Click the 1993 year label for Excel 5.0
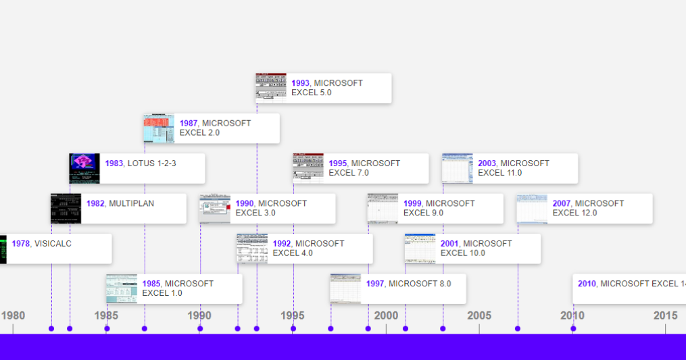[x=301, y=83]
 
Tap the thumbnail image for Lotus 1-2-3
[x=84, y=168]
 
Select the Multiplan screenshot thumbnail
[x=66, y=209]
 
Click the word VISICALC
[x=53, y=244]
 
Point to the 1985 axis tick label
[x=106, y=315]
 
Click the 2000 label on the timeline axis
[x=386, y=315]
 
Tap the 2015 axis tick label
[x=665, y=315]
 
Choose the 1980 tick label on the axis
[x=13, y=315]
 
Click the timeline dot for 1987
[x=144, y=329]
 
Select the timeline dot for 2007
[x=518, y=329]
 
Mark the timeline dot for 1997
[x=330, y=329]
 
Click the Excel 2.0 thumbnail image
[x=159, y=128]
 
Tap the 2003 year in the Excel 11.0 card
[x=487, y=163]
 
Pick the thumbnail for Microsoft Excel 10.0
[x=420, y=249]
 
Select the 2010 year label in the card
[x=587, y=284]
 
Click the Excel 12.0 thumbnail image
[x=532, y=209]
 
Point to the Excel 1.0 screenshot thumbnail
[x=122, y=289]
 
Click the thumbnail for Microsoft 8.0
[x=345, y=288]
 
